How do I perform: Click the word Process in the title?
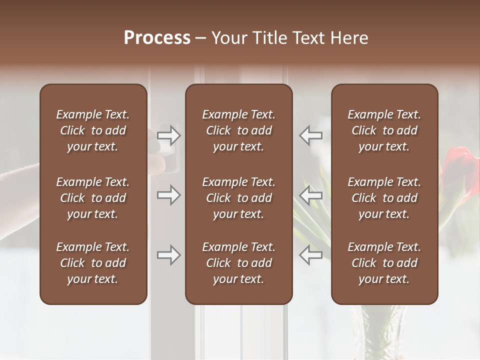[157, 38]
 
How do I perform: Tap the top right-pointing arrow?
[168, 135]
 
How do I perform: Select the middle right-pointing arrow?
[168, 195]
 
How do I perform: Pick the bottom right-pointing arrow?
[168, 255]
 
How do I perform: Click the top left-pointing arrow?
[310, 135]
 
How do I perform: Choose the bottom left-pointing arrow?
[310, 255]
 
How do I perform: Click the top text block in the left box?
[93, 130]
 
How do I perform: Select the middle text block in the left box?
[93, 198]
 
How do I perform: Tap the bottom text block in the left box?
[93, 263]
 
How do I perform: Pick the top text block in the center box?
[238, 130]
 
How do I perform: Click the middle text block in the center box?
[238, 198]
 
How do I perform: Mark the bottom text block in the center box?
[238, 263]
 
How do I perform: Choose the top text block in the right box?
[384, 130]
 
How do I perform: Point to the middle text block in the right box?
[384, 198]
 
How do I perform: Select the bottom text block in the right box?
[384, 263]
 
